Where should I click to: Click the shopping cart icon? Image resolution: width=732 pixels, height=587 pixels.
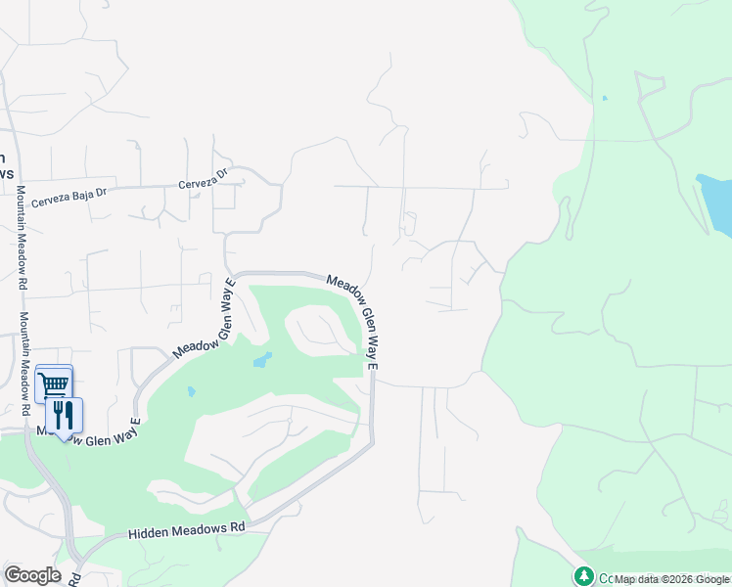point(54,383)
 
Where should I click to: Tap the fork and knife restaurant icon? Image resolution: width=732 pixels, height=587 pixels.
point(64,415)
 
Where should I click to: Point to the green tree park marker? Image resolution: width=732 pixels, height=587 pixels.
point(584,575)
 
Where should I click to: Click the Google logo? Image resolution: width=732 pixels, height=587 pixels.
point(32,575)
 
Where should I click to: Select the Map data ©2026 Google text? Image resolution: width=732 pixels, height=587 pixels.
point(670,579)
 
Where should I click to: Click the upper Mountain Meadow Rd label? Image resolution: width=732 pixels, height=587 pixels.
point(21,238)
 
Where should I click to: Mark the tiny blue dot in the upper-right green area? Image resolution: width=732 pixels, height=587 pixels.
point(604,98)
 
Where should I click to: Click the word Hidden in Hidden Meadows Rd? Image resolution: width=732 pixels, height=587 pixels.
point(147,534)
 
